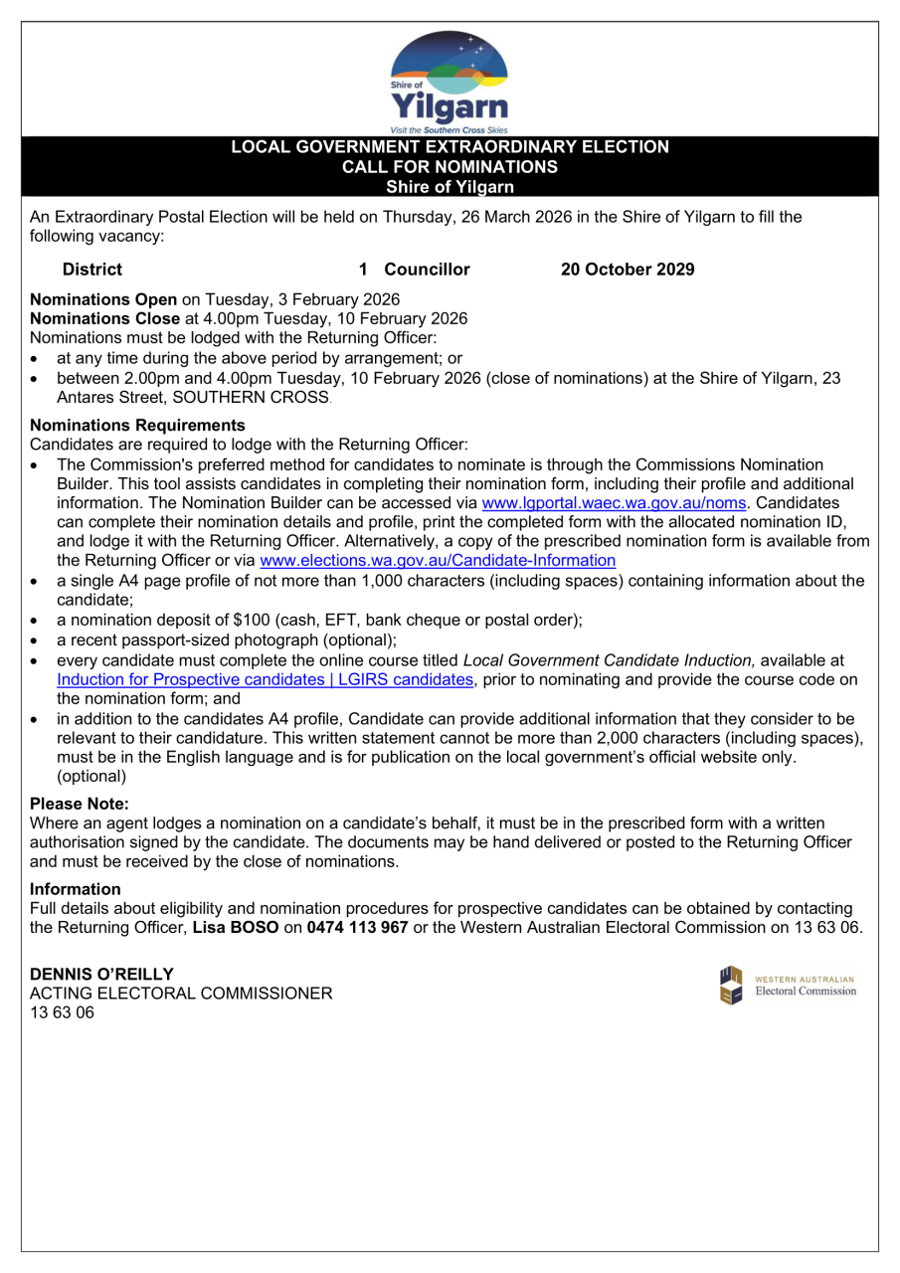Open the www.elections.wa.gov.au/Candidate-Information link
click(438, 560)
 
